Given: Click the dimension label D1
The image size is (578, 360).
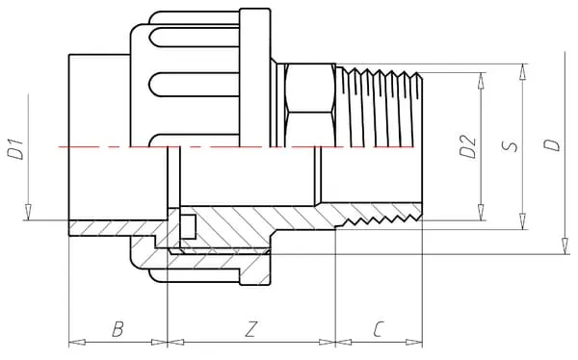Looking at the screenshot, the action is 15,149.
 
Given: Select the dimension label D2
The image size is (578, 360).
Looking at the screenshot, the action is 468,146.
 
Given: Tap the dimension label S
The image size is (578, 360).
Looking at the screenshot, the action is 510,146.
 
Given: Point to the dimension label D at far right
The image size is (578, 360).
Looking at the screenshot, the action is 551,144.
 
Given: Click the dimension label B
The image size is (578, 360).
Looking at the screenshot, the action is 118,328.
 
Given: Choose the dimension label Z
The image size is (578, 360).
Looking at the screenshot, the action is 250,329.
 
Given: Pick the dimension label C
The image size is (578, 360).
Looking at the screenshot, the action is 379,329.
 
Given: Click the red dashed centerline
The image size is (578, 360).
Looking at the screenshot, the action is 236,147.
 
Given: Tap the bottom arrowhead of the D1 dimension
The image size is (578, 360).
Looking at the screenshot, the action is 28,212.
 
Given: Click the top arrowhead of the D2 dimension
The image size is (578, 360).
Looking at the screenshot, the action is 481,80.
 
